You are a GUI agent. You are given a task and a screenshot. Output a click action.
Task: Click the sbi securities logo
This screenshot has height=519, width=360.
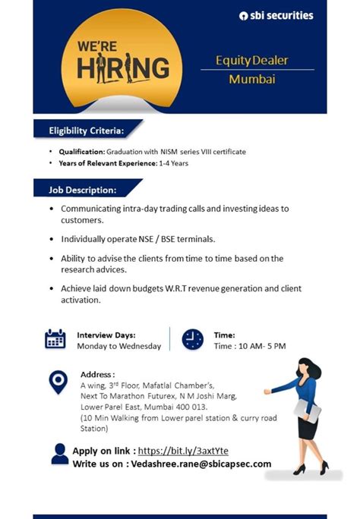(x=275, y=16)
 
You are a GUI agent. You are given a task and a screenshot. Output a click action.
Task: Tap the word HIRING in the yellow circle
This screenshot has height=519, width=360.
(x=123, y=68)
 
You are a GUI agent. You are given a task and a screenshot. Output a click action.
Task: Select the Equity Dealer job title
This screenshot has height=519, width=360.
(x=252, y=60)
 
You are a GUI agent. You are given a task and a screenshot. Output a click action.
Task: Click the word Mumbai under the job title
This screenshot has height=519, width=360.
(x=252, y=79)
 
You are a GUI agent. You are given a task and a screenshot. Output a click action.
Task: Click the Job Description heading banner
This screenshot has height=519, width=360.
(x=83, y=189)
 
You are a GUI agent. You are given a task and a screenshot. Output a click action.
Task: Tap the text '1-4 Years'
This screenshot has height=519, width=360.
(x=173, y=163)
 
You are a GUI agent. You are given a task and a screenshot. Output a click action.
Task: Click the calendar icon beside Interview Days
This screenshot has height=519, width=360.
(x=55, y=339)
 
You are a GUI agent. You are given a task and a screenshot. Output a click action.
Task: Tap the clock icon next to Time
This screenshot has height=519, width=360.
(x=193, y=339)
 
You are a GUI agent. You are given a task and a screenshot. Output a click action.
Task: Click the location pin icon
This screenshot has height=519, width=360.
(x=58, y=382)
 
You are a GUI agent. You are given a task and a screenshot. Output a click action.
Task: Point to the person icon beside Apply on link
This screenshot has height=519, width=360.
(x=59, y=454)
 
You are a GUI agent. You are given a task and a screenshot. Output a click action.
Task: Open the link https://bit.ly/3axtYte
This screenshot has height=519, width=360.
(x=183, y=451)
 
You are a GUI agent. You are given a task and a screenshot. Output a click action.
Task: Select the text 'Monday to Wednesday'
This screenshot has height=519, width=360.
(x=119, y=346)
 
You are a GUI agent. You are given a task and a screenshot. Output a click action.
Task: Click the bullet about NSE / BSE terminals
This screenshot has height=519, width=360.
(x=137, y=239)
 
